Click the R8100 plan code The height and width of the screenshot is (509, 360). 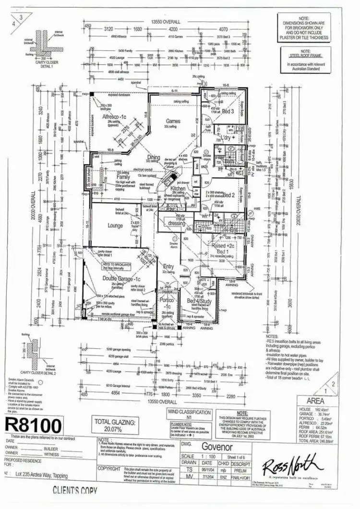coord(33,425)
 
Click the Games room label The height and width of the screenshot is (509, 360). coord(173,121)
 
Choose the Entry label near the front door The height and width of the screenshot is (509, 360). coord(168,266)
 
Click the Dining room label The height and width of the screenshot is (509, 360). coord(154,157)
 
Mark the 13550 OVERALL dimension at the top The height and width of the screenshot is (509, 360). coord(166,22)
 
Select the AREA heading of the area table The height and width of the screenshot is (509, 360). coord(322,399)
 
